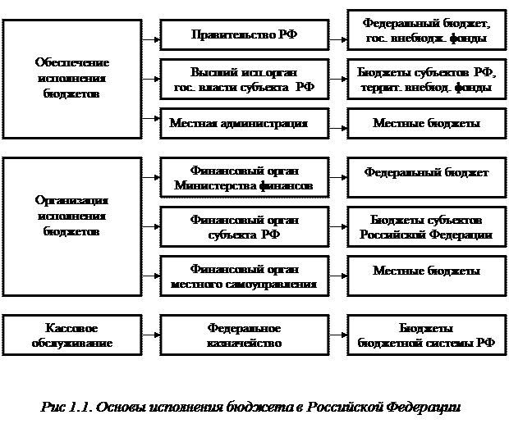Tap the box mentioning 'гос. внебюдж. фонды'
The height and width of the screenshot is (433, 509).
point(425,31)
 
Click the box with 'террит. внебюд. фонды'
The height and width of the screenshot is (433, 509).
point(425,79)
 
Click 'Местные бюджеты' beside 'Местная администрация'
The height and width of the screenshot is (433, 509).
point(425,123)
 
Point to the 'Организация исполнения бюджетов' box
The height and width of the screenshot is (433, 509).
point(72,216)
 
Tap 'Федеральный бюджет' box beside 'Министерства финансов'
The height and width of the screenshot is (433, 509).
point(425,173)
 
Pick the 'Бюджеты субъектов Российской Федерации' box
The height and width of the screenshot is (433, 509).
point(425,227)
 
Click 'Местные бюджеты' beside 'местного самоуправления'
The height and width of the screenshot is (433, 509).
point(425,271)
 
